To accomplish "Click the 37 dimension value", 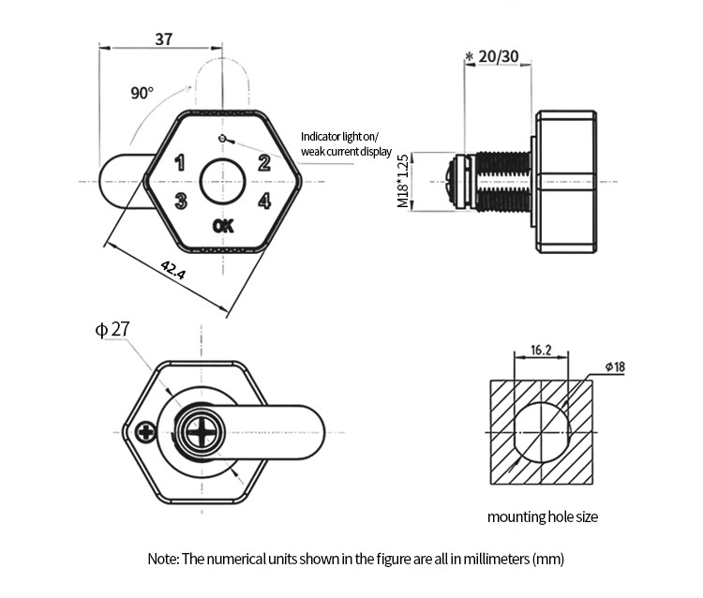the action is click(164, 39).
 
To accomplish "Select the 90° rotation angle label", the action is click(142, 93).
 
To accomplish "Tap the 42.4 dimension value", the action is click(173, 270).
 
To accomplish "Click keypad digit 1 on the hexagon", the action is click(180, 163).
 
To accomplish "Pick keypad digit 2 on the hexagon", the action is click(264, 163).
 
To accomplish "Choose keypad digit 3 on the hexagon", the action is click(181, 201).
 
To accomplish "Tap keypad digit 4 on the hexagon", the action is click(264, 201).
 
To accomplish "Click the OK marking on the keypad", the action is click(223, 226).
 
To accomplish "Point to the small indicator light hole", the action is click(221, 138).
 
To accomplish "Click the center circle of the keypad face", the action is click(222, 182).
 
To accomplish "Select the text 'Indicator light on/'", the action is click(339, 136).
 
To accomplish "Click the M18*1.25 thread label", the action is click(403, 181).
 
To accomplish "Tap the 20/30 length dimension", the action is click(498, 56).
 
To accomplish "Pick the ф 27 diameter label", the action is click(112, 330).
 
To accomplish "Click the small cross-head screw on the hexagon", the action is click(146, 433).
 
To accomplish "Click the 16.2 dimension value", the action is click(541, 350).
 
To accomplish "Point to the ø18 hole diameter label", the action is click(615, 367).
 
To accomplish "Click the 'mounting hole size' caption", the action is click(543, 516).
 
